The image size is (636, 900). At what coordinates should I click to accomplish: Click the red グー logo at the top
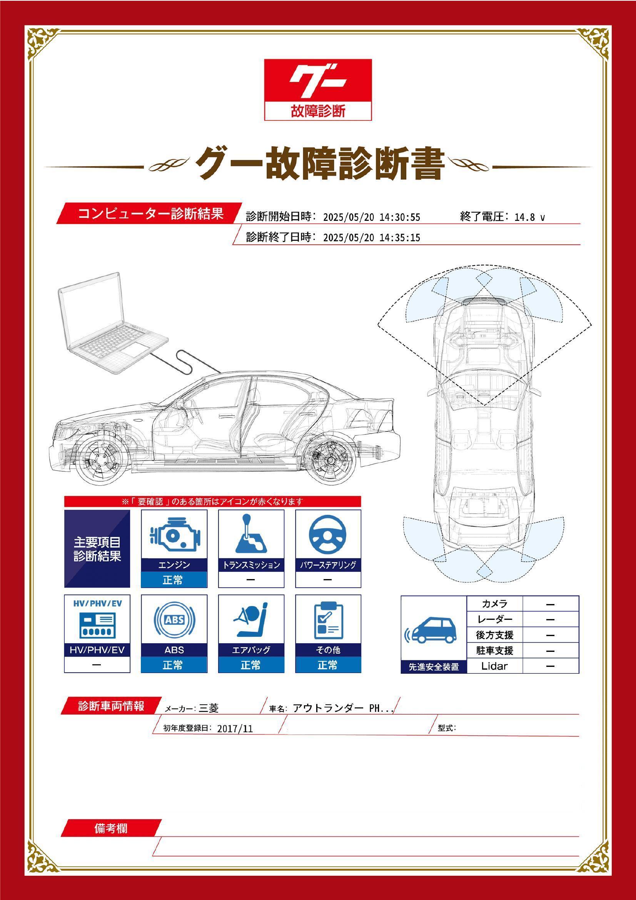318,89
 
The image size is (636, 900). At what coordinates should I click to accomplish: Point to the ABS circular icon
174,620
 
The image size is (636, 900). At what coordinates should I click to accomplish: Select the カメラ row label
494,604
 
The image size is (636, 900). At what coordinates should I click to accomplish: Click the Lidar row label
494,666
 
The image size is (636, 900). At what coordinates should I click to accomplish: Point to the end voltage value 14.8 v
529,217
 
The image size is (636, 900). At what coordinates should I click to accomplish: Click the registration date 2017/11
235,728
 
